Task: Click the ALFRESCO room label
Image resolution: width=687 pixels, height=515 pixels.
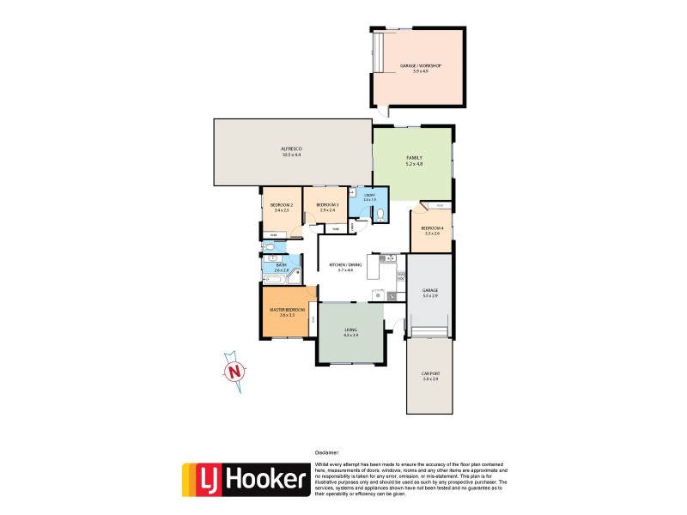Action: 291,149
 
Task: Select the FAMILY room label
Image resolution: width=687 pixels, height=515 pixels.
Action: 414,158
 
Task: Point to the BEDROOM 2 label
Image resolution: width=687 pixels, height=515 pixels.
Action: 282,204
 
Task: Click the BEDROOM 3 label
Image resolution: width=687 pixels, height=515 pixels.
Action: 327,204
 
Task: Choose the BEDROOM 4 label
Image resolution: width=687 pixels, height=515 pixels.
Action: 432,227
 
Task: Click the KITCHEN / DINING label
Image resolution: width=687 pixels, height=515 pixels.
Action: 345,264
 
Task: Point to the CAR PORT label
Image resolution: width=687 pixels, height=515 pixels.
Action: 430,374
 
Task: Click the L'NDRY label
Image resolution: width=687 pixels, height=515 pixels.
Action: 369,196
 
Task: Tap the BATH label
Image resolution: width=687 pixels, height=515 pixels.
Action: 281,265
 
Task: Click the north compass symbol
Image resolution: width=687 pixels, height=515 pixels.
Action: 233,372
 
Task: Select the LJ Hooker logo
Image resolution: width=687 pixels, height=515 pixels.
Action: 246,480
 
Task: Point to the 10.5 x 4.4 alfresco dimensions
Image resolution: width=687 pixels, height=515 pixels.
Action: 291,155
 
